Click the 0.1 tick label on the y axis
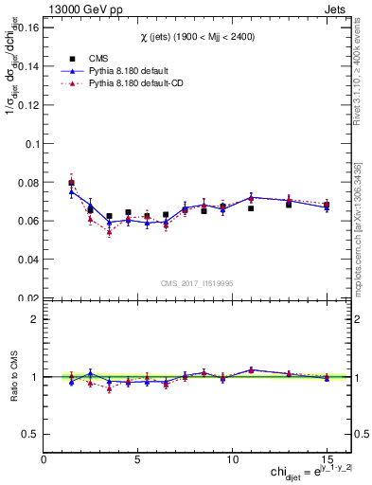30,144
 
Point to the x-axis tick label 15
327,458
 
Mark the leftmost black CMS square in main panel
72,183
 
